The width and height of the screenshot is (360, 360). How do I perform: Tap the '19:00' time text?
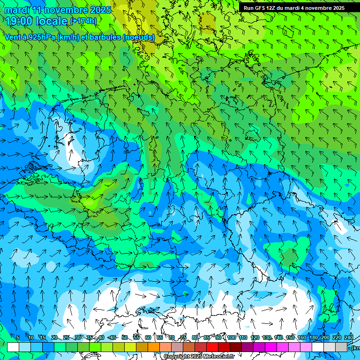click(20, 21)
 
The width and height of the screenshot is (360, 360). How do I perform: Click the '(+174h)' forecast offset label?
click(83, 21)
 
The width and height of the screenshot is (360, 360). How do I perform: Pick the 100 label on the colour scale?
click(232, 337)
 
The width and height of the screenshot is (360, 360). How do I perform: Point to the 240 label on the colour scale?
click(349, 337)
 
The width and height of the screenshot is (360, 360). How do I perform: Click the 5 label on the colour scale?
click(18, 337)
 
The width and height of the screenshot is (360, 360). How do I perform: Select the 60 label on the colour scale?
click(148, 337)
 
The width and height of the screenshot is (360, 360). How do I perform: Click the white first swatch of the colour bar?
click(13, 347)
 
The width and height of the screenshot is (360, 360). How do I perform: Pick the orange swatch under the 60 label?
click(154, 347)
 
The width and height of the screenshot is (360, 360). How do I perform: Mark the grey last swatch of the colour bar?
click(341, 347)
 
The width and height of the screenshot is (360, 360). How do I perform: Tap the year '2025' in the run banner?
click(336, 8)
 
